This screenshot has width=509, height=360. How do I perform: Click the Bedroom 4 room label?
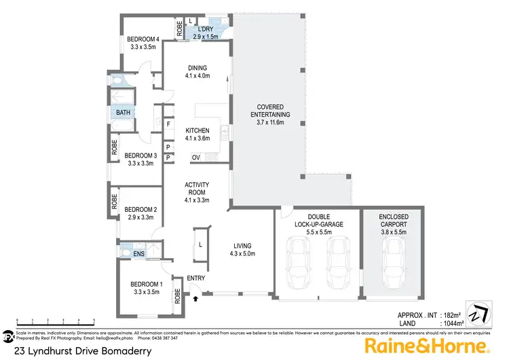point(143,44)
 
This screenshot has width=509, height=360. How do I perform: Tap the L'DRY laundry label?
point(206,33)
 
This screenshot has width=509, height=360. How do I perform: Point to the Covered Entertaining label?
point(270,115)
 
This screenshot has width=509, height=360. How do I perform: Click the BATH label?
point(123,113)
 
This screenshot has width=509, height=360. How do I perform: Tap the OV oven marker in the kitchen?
point(195,158)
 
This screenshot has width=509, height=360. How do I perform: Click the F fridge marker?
point(168,124)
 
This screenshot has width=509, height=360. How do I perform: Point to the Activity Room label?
point(197,192)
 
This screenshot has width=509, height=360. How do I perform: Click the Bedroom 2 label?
point(141,213)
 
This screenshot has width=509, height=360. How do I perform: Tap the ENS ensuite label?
point(138,253)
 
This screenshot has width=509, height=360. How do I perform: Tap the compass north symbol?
point(477,311)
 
